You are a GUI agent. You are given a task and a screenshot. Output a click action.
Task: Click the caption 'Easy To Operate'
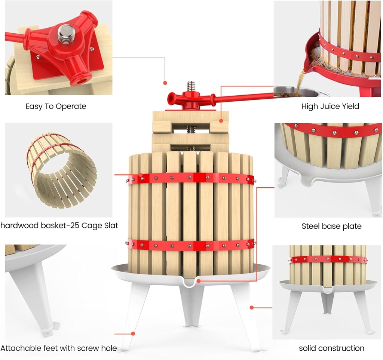pos(56,106)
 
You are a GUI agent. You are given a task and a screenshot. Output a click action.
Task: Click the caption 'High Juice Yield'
pos(330,106)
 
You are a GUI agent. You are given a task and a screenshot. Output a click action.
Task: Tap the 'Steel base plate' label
pos(331,226)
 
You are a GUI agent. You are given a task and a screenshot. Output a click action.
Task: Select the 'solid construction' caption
pos(331,348)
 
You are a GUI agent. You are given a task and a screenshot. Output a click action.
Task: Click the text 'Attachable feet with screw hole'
pos(59,348)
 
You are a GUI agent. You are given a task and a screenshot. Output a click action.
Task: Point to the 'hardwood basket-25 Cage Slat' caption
pos(59,225)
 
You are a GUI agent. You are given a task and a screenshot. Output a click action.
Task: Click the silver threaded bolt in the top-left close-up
pos(66,33)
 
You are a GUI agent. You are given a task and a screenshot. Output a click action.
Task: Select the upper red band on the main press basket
pos(191,178)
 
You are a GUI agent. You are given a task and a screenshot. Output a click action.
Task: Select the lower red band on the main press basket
pos(191,245)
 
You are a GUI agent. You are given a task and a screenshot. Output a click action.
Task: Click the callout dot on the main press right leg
pos(252,307)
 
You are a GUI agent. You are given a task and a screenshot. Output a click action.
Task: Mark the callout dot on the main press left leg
pos(133,333)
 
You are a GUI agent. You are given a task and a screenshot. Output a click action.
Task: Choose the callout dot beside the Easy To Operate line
pos(165,83)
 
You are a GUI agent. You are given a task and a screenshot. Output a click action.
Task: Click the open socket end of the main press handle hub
pos(171,99)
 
